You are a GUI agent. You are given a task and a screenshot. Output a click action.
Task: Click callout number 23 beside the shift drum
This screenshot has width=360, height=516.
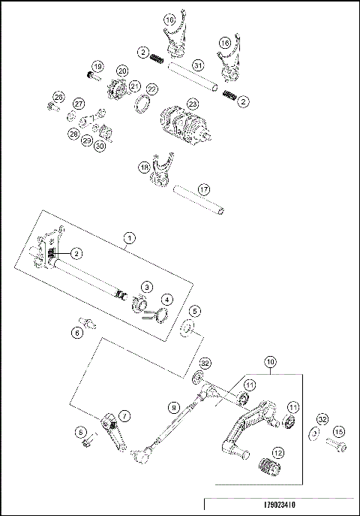pyautogui.click(x=193, y=104)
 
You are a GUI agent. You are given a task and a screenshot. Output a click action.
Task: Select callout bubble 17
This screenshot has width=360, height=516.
pyautogui.click(x=203, y=189)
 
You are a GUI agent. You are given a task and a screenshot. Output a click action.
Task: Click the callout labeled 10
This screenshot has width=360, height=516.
pyautogui.click(x=270, y=361)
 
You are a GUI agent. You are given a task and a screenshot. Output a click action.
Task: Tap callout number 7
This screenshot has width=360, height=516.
pyautogui.click(x=124, y=415)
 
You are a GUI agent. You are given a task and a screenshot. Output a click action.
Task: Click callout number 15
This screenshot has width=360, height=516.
pyautogui.click(x=338, y=431)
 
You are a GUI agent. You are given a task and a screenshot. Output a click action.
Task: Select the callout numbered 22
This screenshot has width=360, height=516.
pyautogui.click(x=151, y=89)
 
